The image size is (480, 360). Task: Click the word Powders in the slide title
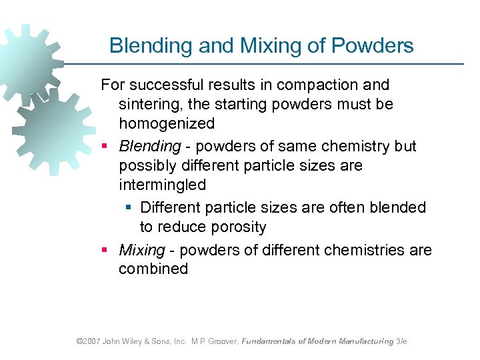[x=376, y=45]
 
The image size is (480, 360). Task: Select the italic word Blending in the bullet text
[x=150, y=146]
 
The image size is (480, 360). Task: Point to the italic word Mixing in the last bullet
[x=141, y=250]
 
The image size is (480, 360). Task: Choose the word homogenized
[x=167, y=123]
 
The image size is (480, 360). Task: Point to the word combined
[x=153, y=269]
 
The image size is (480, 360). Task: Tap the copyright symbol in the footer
[x=79, y=341]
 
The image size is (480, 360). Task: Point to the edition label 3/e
[x=401, y=341]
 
